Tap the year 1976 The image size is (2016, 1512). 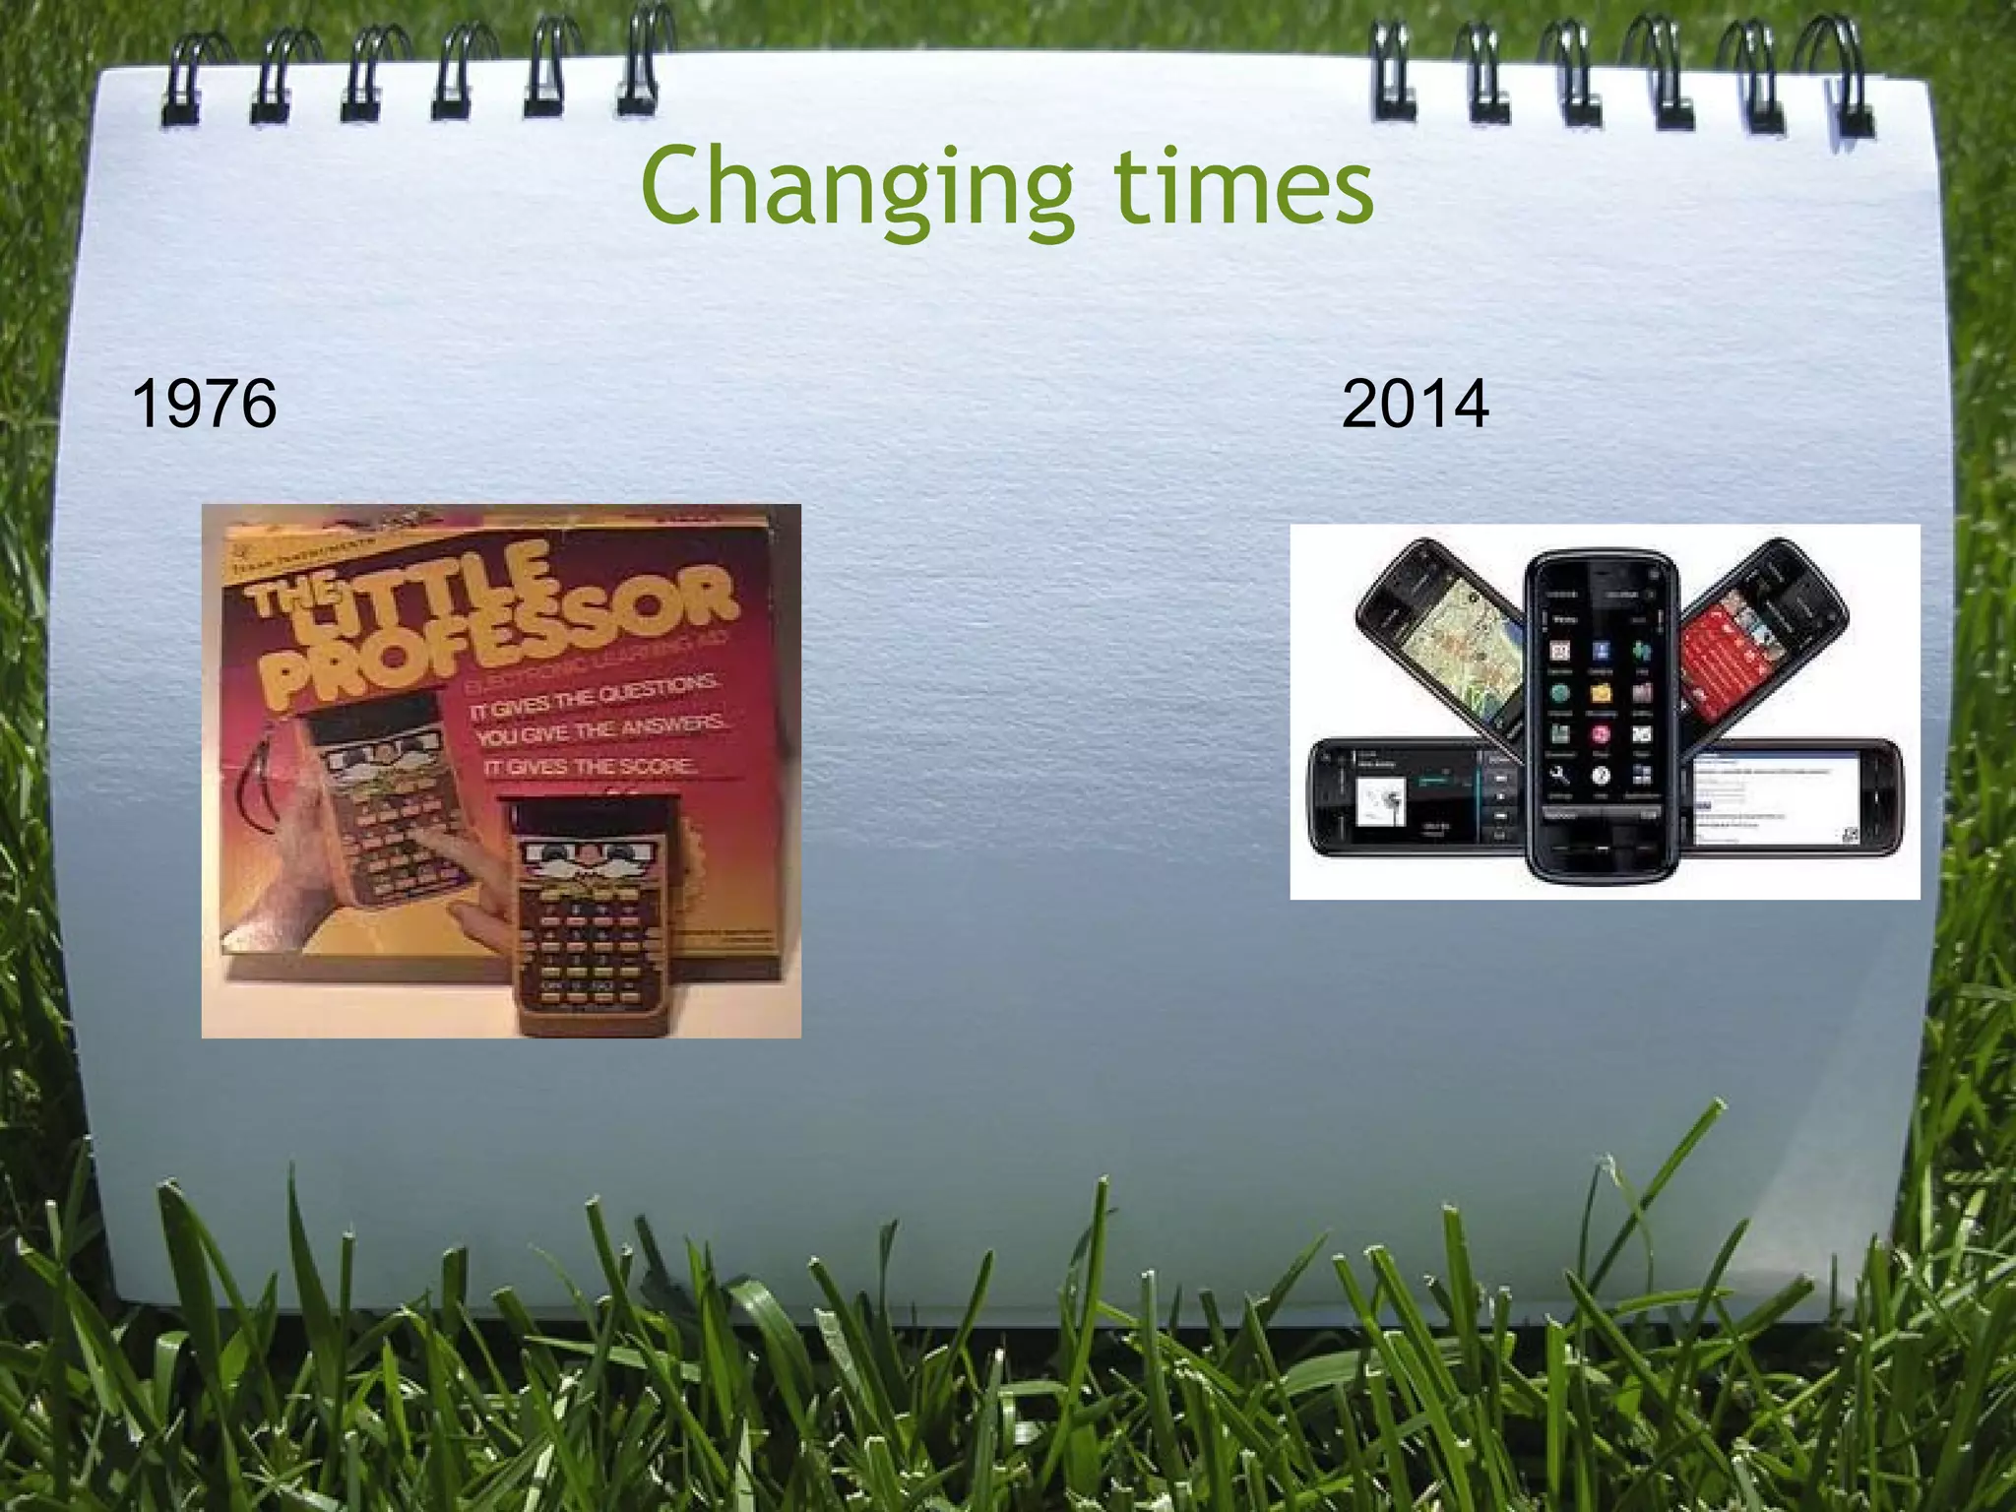click(x=204, y=404)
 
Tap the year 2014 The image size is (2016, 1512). click(x=1415, y=404)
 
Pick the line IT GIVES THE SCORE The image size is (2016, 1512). click(x=591, y=767)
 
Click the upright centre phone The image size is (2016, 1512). click(x=1601, y=714)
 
